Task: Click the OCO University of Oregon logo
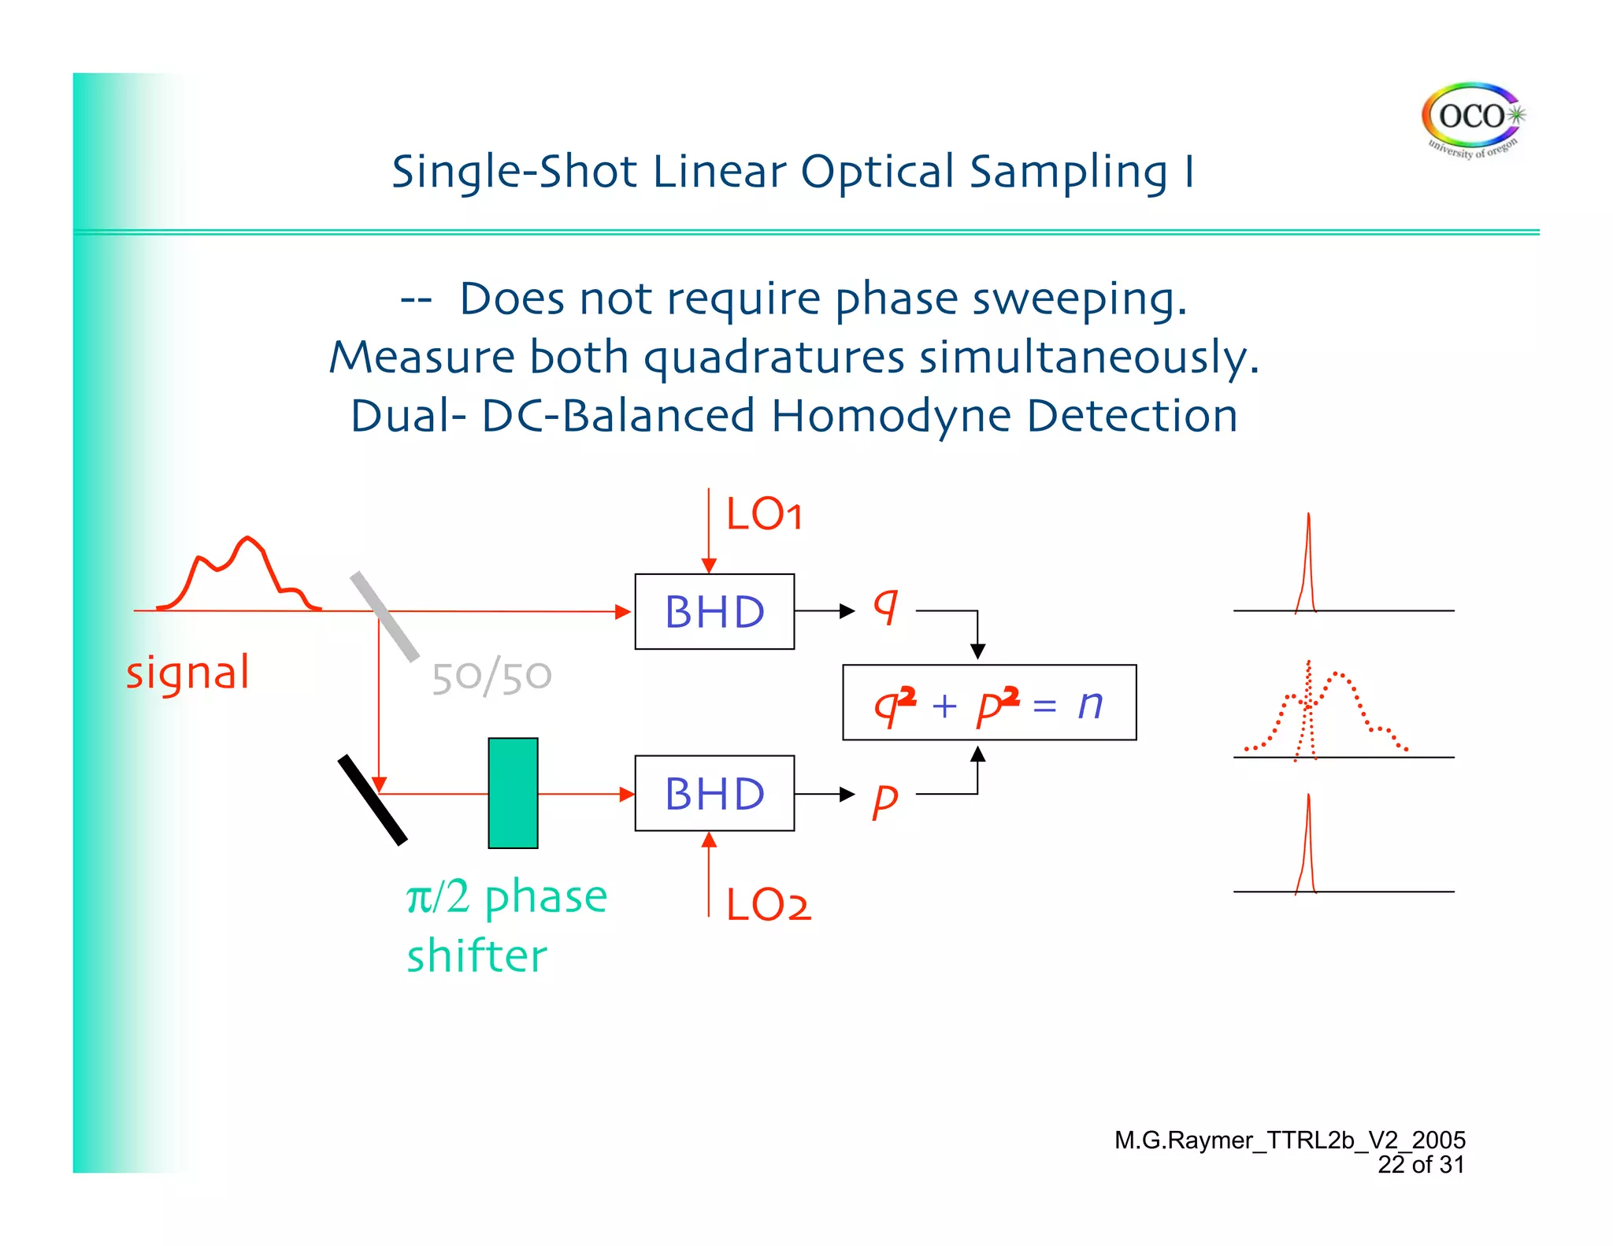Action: pos(1471,121)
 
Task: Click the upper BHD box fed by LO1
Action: pos(714,611)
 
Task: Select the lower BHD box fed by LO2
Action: pos(714,793)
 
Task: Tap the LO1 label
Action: pos(764,515)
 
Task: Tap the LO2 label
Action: pos(768,904)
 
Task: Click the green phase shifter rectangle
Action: pos(513,793)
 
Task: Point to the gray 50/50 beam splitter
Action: pos(384,616)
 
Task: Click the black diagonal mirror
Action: pos(373,800)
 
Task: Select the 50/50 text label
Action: pos(491,677)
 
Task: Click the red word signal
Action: pos(187,674)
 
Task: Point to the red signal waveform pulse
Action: pos(239,575)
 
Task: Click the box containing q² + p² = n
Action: pos(989,703)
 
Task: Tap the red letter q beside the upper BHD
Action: pos(885,607)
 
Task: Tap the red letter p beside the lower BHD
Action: pos(884,800)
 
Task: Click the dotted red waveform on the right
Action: pos(1339,709)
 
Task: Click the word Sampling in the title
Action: pos(1068,172)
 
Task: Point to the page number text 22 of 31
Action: pos(1420,1165)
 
